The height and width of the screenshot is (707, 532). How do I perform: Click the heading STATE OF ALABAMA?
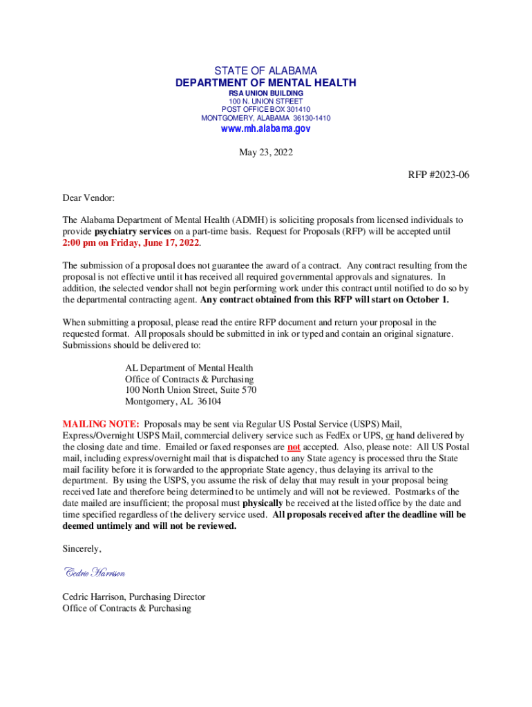266,71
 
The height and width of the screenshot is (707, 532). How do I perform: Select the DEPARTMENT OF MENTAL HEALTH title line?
266,83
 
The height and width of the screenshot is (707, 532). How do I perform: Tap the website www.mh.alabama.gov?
266,129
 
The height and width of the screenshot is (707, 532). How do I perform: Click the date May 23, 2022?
266,153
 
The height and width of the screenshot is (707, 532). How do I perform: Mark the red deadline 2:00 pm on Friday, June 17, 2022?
131,243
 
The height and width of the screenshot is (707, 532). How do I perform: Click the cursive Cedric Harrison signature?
95,572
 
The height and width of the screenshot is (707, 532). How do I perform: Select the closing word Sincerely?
82,549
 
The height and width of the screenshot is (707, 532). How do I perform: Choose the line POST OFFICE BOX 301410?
266,109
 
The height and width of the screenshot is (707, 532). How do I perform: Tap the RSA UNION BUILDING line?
266,93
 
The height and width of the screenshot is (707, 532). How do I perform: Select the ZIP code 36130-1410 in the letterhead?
312,118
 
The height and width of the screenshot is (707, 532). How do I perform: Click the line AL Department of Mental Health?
189,368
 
